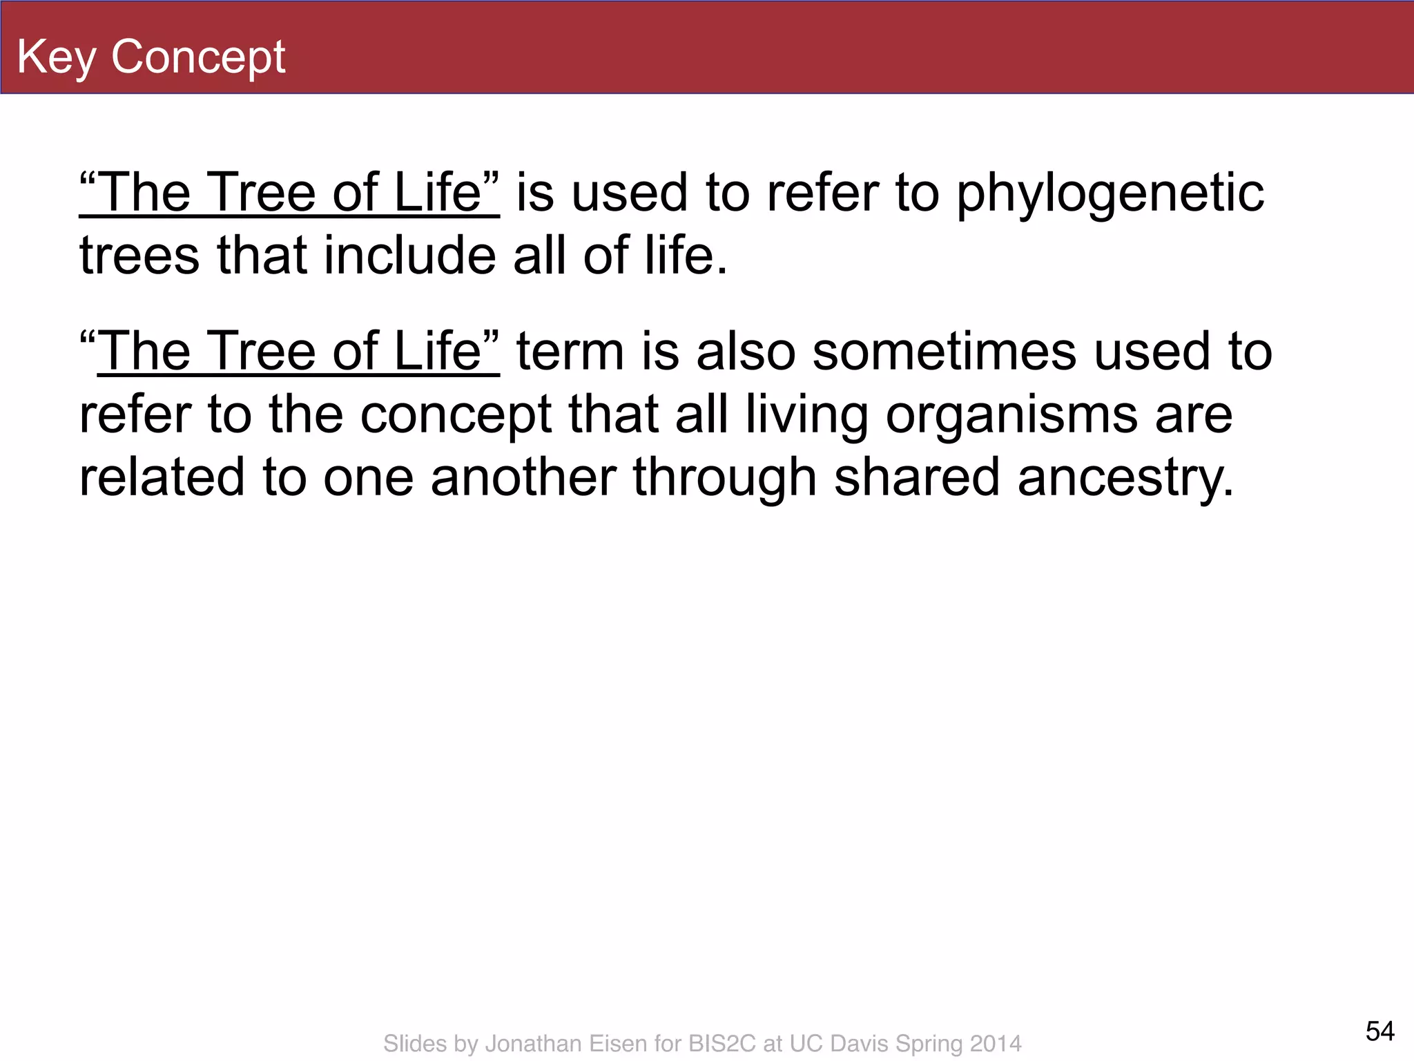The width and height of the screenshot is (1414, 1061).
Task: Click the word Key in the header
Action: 56,58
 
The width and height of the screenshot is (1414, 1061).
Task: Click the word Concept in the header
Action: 198,57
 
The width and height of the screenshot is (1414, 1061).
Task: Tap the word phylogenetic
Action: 1110,194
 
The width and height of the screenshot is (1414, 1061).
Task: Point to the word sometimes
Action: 944,352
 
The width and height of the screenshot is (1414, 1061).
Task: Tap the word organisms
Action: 1011,416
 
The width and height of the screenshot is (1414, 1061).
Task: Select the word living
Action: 806,416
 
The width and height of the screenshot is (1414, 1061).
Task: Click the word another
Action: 523,478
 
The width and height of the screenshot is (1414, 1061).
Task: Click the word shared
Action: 917,478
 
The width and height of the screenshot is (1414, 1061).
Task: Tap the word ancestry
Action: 1125,478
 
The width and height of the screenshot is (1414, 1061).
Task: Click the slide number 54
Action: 1379,1031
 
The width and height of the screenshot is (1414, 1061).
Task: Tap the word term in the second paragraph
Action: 570,352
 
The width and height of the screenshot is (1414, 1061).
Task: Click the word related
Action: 162,478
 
